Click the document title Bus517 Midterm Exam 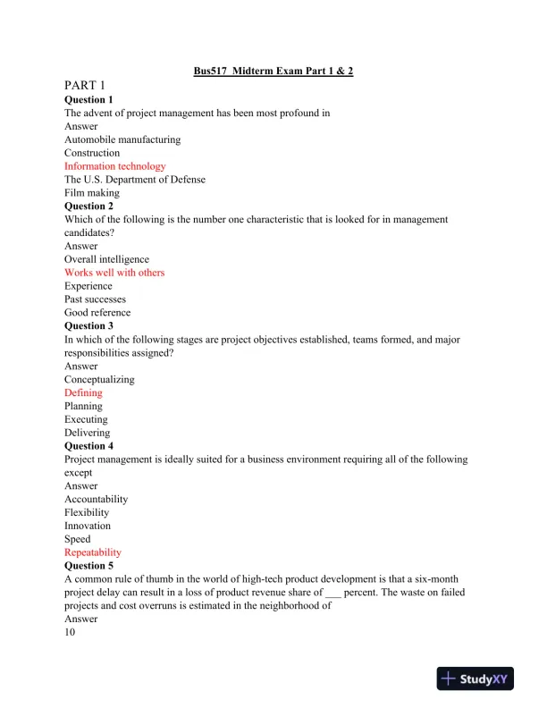click(273, 71)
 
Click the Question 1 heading click(89, 99)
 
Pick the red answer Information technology click(114, 166)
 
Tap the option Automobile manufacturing click(122, 139)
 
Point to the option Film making click(91, 192)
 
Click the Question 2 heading click(89, 206)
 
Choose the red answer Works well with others click(114, 273)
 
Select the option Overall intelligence click(106, 259)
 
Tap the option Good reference click(97, 313)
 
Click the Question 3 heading click(89, 326)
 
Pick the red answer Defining click(83, 392)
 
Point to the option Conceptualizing click(99, 379)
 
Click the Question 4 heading click(89, 446)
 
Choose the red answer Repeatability click(93, 552)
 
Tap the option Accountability click(96, 499)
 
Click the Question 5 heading click(89, 566)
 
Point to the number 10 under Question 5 click(70, 632)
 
